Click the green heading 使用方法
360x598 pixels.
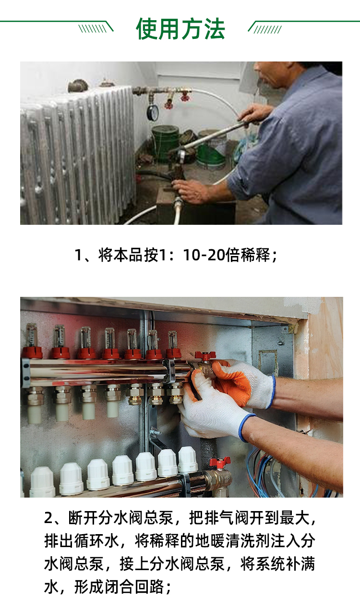(x=180, y=29)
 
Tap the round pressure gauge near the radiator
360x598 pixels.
(x=153, y=112)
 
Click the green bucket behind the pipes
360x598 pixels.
(x=165, y=143)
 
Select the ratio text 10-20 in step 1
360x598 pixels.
(x=204, y=255)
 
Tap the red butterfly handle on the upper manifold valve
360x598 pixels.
(x=205, y=355)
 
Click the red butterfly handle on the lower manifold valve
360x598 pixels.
(x=220, y=463)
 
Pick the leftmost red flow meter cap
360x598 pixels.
(x=32, y=352)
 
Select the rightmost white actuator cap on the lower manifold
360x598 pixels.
(x=188, y=460)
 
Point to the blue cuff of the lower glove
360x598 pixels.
(x=246, y=427)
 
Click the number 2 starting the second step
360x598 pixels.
(x=49, y=518)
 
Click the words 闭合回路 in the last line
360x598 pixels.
(x=134, y=586)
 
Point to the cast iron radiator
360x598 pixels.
(x=77, y=155)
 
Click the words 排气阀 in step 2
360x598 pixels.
(x=227, y=518)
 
